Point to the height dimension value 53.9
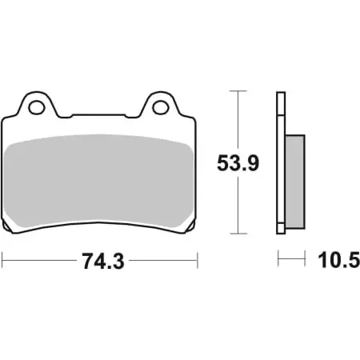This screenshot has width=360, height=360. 238,165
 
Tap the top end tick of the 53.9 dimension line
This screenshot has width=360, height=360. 238,91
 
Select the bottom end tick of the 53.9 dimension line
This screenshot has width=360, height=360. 238,234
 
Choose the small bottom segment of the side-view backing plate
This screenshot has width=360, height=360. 280,227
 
